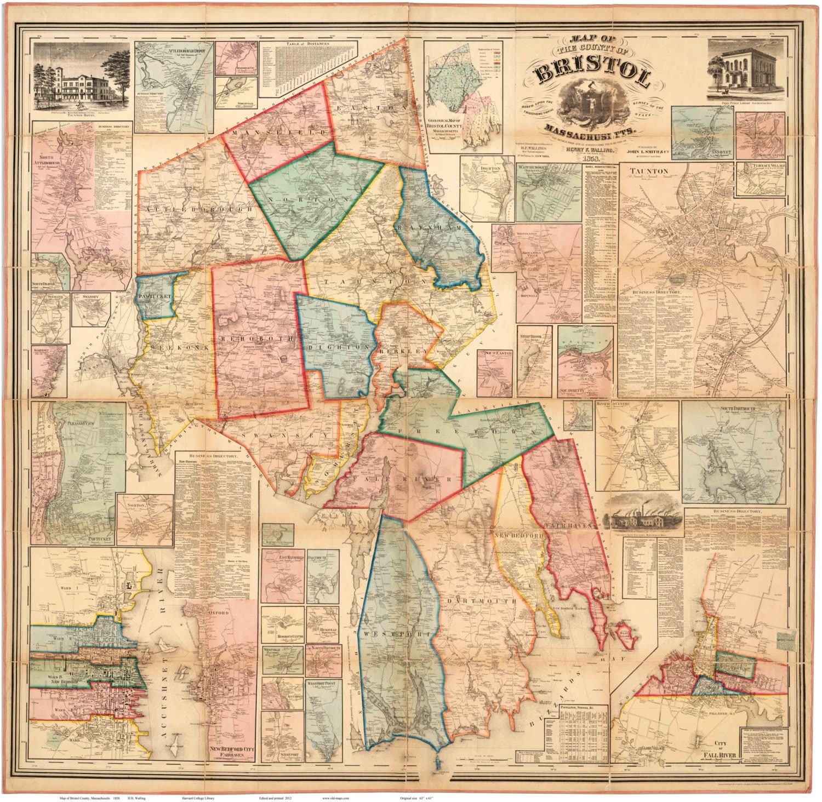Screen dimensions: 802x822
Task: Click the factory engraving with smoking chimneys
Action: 642,514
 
